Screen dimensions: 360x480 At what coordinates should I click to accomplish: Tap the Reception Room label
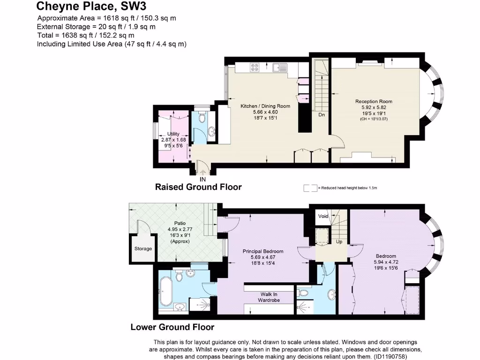374,101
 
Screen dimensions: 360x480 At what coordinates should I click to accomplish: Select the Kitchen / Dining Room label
265,106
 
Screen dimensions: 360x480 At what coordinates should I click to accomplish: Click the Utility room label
173,134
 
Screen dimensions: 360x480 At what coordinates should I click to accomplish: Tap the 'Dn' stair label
322,114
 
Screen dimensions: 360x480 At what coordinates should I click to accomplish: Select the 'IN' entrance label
202,179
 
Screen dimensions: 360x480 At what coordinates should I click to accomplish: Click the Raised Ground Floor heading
198,187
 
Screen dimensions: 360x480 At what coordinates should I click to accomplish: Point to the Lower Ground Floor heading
172,327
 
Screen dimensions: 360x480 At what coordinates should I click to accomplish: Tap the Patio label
177,224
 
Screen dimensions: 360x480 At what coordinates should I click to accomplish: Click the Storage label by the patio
143,248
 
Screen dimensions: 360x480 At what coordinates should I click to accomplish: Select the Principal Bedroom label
263,251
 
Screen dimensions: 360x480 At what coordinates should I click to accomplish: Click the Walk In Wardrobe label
269,297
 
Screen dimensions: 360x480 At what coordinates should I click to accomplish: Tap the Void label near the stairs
323,217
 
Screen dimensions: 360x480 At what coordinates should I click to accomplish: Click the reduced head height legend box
310,187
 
